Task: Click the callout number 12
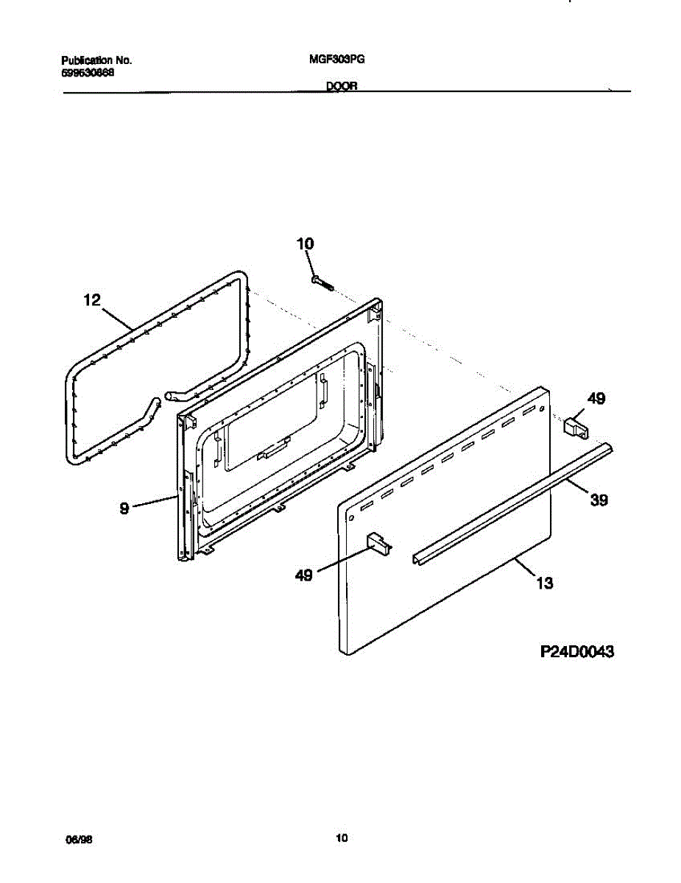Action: click(93, 299)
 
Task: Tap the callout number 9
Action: click(124, 508)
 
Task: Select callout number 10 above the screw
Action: click(305, 244)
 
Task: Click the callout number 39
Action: click(599, 500)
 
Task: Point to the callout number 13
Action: click(544, 584)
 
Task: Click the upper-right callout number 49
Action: click(596, 399)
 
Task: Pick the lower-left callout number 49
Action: click(303, 575)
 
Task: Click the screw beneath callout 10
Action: click(322, 283)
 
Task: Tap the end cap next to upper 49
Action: click(575, 426)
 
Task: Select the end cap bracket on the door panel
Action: click(378, 542)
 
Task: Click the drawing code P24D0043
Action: click(577, 651)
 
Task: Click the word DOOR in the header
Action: click(342, 86)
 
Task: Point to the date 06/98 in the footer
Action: click(71, 838)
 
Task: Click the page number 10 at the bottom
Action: click(341, 838)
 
